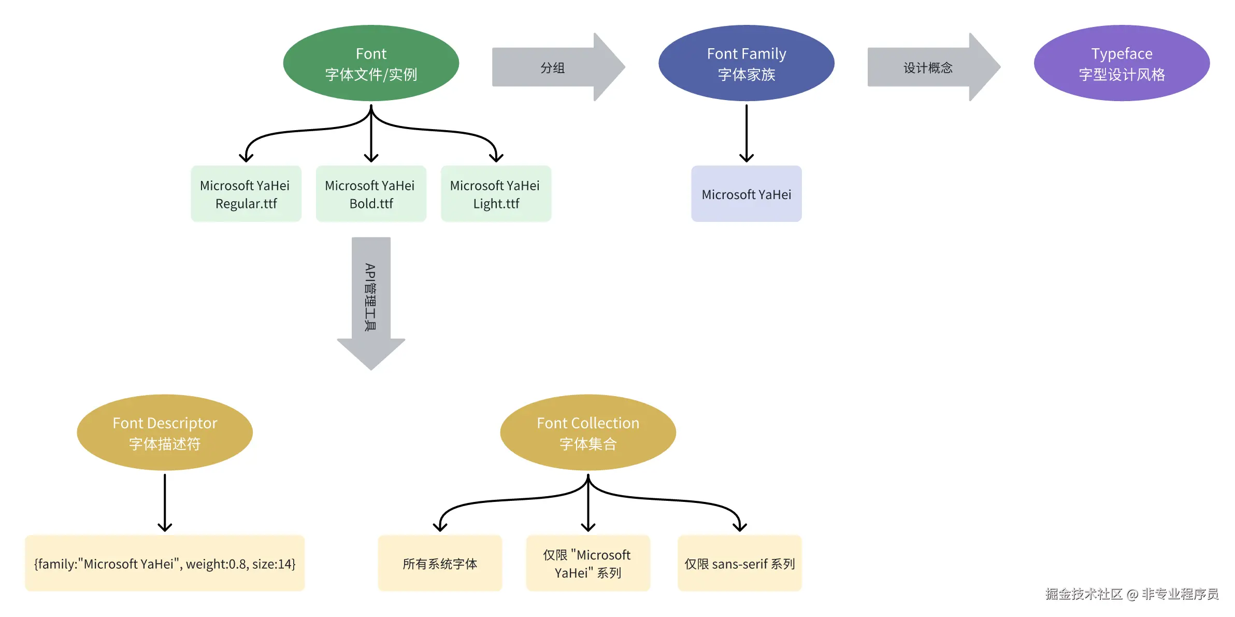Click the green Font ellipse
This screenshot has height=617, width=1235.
coord(371,63)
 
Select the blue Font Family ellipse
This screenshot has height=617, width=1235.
coord(746,63)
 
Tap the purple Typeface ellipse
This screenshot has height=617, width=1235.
coord(1122,63)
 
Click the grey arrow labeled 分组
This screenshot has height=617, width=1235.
coord(558,67)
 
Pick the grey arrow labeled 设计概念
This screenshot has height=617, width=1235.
coord(934,67)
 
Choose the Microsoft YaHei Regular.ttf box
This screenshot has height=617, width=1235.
coord(246,194)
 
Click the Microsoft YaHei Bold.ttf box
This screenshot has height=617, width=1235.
coord(371,194)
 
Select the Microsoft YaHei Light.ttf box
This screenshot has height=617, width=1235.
coord(496,194)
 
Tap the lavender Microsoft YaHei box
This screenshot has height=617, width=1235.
coord(746,194)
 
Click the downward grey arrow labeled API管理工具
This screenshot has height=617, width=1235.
coord(371,303)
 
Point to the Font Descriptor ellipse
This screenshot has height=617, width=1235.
coord(165,432)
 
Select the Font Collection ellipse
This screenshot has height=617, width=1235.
coord(588,432)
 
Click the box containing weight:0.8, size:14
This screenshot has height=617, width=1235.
coord(165,563)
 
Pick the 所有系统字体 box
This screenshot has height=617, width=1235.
coord(440,563)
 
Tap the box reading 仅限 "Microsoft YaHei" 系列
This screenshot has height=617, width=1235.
coord(588,563)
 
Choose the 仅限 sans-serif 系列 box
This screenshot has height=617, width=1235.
coord(740,563)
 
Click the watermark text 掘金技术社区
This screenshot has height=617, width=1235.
coord(1084,594)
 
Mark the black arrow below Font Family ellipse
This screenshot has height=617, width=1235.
coord(746,133)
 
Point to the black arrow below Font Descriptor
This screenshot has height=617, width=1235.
coord(165,503)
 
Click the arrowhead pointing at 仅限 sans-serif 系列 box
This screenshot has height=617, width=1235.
coord(740,527)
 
